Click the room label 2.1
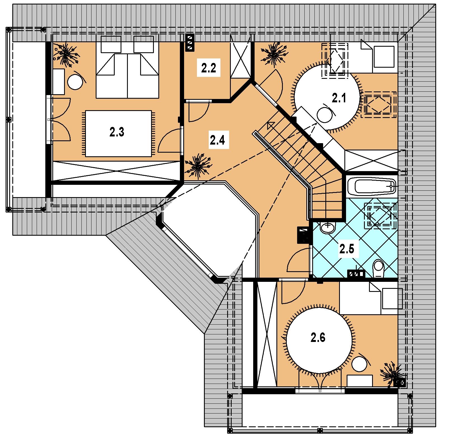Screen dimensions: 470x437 pos(339,99)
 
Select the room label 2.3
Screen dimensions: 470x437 pos(117,132)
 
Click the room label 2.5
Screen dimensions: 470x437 pos(347,249)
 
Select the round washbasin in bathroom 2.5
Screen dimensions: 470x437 pos(328,228)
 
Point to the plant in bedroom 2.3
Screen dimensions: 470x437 pos(66,55)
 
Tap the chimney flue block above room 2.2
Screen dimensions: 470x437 pos(190,43)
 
